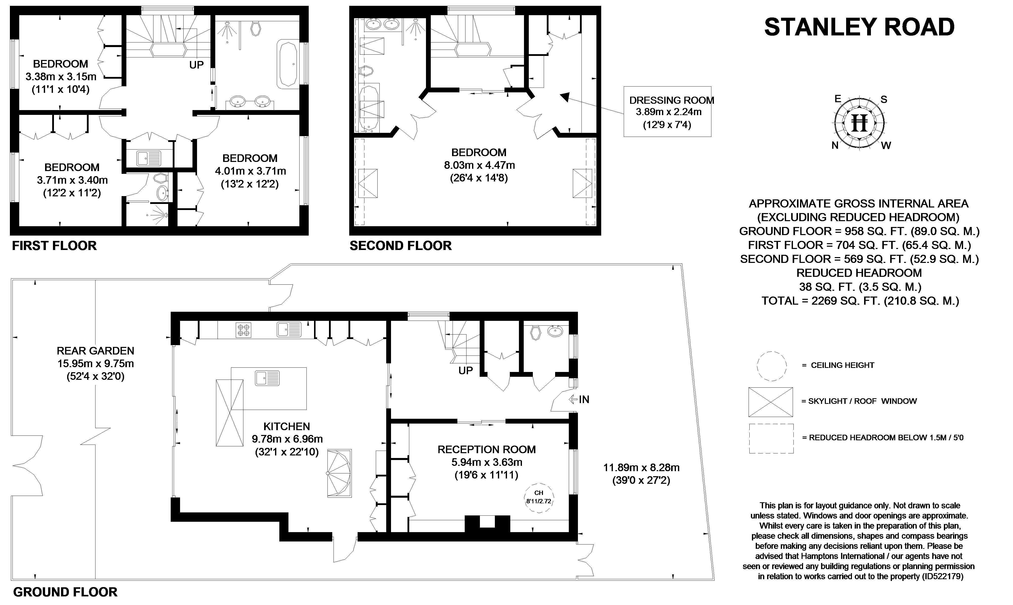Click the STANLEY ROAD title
(x=859, y=27)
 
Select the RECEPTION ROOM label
(x=486, y=449)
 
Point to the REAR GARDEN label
(x=95, y=351)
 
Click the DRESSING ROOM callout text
(x=672, y=100)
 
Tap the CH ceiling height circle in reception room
(x=538, y=498)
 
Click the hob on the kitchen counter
(x=244, y=330)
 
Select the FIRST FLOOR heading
(x=54, y=246)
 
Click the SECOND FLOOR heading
(x=401, y=246)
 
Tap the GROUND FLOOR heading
(x=65, y=592)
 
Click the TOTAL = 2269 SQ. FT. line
(x=860, y=301)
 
